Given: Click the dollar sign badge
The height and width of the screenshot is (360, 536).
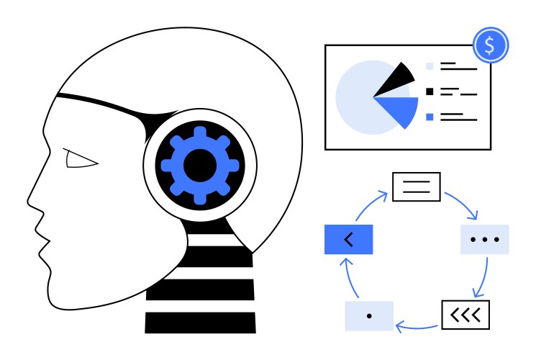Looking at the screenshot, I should tap(490, 45).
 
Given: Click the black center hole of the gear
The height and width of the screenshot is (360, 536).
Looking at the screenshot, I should tap(200, 165).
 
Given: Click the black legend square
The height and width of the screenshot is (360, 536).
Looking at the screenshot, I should tap(430, 91).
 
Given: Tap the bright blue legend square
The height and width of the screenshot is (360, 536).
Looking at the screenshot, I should tap(430, 116).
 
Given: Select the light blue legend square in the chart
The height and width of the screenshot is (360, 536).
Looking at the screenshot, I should tap(430, 66).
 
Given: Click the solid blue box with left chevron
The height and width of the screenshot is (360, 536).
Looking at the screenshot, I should tap(349, 239).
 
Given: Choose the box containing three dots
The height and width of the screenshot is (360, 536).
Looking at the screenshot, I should tap(484, 239).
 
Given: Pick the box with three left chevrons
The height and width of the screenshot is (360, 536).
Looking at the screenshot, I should tap(465, 314).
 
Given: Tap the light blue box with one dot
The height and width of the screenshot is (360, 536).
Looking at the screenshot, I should tap(369, 316).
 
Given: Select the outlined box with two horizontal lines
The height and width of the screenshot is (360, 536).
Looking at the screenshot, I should tap(416, 186).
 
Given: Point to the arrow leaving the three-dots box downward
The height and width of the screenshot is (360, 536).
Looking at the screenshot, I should tap(483, 277).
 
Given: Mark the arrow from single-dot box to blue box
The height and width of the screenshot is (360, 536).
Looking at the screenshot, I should tap(348, 277).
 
